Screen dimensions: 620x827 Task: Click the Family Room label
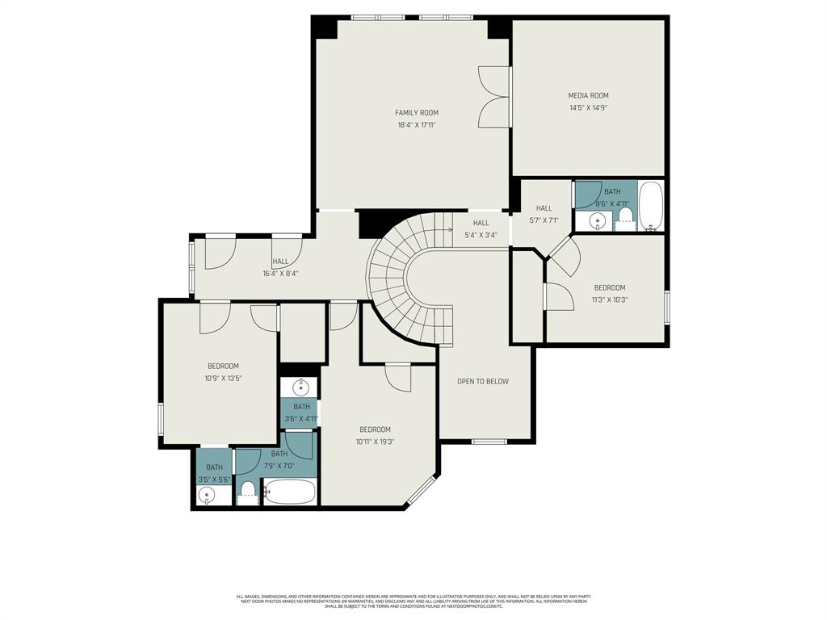click(x=416, y=112)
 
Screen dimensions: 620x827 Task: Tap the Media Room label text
click(x=588, y=95)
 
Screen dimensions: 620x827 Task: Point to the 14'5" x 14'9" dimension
click(x=588, y=107)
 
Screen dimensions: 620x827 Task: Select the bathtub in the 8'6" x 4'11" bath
click(x=650, y=206)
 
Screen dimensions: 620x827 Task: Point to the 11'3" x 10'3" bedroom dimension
click(x=610, y=300)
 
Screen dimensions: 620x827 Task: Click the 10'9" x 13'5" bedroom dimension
click(x=223, y=378)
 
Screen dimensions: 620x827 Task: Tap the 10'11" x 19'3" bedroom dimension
click(x=375, y=442)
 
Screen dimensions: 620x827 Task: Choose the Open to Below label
click(x=483, y=381)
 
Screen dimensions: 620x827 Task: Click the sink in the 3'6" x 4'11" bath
click(x=300, y=387)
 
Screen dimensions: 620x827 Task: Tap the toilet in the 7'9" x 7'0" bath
click(x=249, y=490)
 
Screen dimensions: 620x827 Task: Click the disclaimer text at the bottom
click(x=413, y=601)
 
